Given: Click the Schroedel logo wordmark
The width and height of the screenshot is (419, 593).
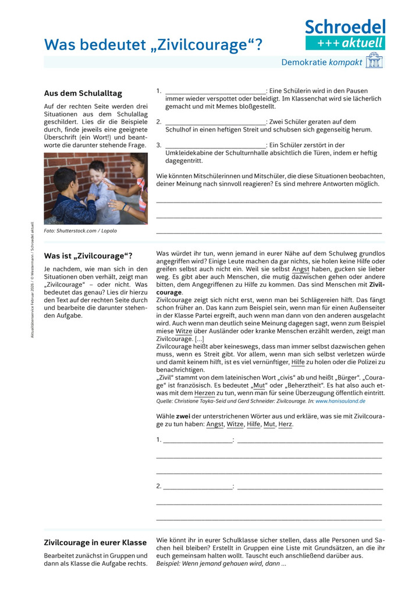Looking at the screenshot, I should click(x=345, y=27).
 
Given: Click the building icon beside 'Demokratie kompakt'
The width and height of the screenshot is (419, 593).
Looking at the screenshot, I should click(x=374, y=61).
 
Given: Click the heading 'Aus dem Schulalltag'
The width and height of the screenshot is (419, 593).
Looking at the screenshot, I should click(x=83, y=94).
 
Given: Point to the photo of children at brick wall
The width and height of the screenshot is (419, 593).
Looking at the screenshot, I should click(x=95, y=188).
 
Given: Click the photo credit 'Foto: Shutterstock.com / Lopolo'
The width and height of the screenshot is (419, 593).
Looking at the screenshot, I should click(x=80, y=231).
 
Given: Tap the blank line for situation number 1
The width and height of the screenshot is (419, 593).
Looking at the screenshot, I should click(x=215, y=91).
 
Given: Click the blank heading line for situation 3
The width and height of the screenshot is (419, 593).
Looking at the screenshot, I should click(x=215, y=145).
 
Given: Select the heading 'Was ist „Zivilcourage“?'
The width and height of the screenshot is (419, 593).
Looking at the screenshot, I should click(x=88, y=255).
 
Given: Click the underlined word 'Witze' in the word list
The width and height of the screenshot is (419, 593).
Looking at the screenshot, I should click(x=235, y=424).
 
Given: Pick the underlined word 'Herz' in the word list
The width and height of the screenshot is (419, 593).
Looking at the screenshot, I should click(x=285, y=424).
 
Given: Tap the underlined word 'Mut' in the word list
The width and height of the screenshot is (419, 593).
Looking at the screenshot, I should click(x=269, y=424).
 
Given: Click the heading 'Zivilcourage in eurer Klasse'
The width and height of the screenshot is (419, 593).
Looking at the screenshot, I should click(x=95, y=542).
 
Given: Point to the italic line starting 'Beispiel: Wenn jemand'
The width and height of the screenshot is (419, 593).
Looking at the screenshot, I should click(x=221, y=563).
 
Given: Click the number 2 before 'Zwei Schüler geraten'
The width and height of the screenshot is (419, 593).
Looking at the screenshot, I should click(x=159, y=122).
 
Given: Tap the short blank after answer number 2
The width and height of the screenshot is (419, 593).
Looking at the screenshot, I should click(x=197, y=486).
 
